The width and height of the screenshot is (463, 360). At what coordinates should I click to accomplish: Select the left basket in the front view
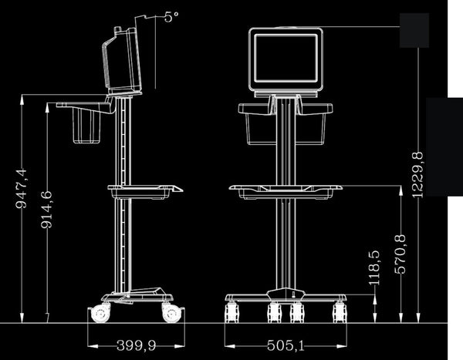pyautogui.click(x=259, y=126)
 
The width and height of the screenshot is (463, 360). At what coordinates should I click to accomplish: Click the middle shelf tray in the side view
pyautogui.click(x=147, y=189)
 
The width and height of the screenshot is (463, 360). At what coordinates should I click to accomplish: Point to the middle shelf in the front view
pyautogui.click(x=286, y=189)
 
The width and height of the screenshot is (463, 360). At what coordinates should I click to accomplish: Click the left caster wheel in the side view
pyautogui.click(x=100, y=314)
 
